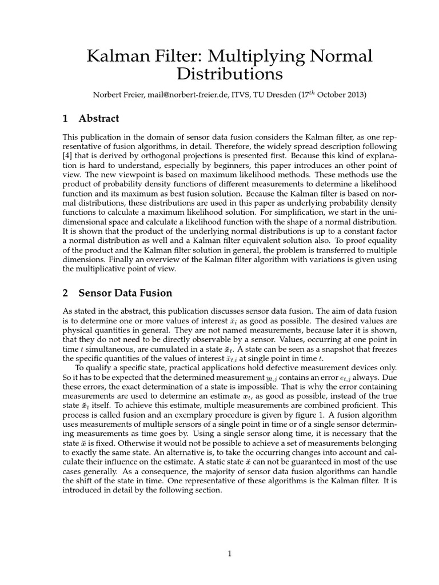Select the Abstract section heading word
(99, 119)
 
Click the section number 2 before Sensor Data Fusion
(65, 293)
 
